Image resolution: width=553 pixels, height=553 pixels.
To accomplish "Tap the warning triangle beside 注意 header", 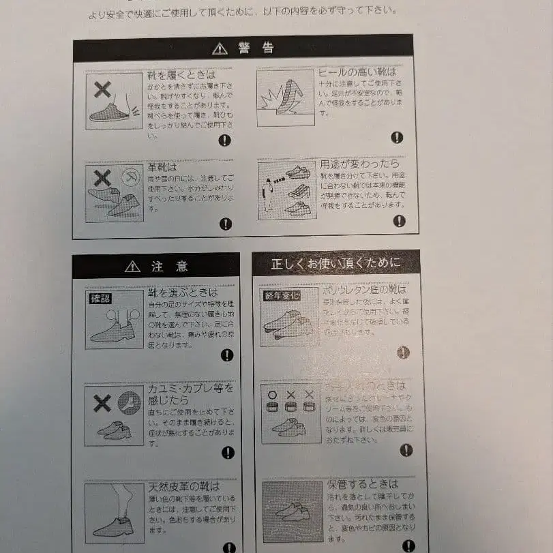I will [132, 266].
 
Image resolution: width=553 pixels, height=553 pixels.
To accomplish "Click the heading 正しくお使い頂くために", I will [335, 263].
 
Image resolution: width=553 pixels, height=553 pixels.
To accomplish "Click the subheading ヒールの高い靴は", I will [357, 72].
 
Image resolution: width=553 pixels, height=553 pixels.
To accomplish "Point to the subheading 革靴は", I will [162, 167].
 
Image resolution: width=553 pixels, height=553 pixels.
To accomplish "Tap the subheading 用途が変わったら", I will [360, 164].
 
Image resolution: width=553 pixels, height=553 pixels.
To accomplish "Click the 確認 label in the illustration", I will [100, 298].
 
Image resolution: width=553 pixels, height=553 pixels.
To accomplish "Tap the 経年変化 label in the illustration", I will [282, 295].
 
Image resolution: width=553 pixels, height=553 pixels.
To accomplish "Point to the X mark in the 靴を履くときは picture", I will [102, 89].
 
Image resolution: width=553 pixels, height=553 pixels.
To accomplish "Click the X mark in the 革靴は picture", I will [102, 179].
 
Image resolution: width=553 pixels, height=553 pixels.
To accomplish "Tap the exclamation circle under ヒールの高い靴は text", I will [397, 137].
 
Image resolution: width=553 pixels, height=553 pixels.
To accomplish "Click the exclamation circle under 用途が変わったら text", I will [399, 221].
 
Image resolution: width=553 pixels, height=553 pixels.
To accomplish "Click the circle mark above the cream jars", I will [272, 394].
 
